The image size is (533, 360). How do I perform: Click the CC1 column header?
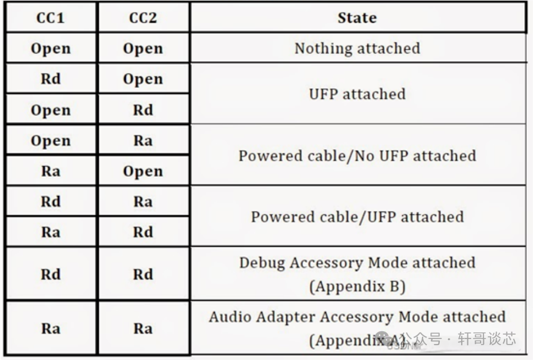[x=50, y=18]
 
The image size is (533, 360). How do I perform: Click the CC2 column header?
[x=143, y=18]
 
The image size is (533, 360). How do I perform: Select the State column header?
[x=357, y=18]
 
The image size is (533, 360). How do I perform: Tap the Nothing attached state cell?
[x=357, y=48]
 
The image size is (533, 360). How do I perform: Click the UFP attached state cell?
[x=357, y=94]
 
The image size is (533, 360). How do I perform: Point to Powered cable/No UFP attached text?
[x=357, y=156]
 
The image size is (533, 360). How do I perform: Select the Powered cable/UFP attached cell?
[x=357, y=217]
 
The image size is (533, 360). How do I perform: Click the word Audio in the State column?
[x=230, y=317]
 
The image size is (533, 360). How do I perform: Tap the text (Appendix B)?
[x=357, y=287]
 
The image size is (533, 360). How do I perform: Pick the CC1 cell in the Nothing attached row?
[x=51, y=49]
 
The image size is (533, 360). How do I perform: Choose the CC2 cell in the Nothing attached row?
[x=143, y=49]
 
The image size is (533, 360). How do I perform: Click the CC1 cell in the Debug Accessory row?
[x=51, y=274]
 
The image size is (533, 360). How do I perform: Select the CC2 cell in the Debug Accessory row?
[x=143, y=274]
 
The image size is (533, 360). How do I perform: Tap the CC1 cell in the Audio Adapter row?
[x=51, y=329]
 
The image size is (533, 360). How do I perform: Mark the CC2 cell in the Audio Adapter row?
[x=143, y=329]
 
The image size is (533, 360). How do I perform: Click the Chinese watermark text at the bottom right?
[x=459, y=339]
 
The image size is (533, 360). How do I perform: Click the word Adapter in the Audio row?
[x=286, y=317]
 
